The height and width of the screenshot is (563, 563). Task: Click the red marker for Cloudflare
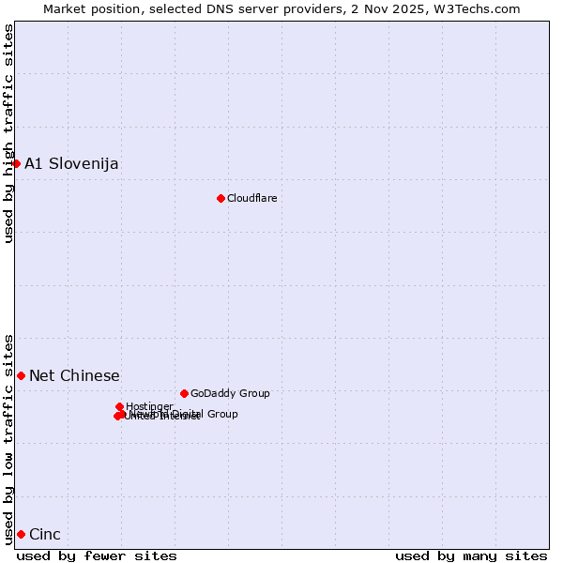[221, 198]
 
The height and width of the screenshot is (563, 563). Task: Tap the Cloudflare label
[251, 198]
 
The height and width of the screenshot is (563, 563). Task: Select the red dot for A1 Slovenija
[16, 163]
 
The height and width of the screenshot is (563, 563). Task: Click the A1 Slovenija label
[71, 164]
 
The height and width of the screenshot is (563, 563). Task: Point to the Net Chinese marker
[21, 375]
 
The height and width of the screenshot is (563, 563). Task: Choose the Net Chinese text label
[74, 376]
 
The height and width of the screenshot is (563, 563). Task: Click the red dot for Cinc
[21, 534]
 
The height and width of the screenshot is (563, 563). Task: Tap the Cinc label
[45, 535]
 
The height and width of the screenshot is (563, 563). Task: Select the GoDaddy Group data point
[184, 393]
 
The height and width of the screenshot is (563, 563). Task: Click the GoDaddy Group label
[230, 394]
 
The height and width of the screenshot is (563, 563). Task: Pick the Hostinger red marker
[119, 406]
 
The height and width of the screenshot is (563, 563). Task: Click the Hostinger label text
[149, 406]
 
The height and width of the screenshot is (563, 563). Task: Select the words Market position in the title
[90, 8]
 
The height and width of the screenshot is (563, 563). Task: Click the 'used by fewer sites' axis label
[97, 555]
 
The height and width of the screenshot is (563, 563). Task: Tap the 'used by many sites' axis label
[471, 555]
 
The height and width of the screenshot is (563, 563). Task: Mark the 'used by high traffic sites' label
[8, 133]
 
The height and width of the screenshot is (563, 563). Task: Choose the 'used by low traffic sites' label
[8, 439]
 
